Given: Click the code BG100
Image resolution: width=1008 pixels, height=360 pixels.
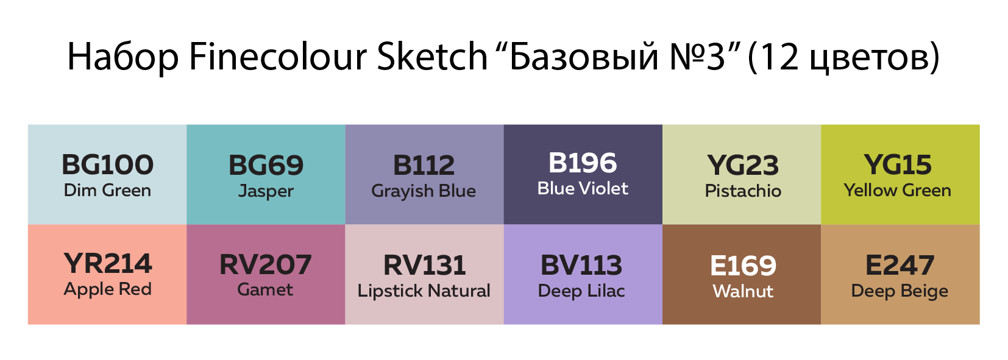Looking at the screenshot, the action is tap(107, 164).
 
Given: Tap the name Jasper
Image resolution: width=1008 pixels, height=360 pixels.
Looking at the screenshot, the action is tap(266, 191).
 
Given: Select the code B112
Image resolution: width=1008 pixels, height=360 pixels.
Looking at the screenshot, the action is tap(424, 165).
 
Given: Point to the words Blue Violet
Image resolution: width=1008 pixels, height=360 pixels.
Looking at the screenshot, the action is tap(582, 189).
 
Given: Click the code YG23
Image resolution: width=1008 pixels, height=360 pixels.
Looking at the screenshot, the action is tap(743, 165).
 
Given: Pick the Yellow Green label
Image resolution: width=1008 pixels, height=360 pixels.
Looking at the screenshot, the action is tap(897, 190).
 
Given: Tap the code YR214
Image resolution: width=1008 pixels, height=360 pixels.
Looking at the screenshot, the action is tap(108, 264).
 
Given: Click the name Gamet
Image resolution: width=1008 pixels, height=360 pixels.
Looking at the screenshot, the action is tap(265, 289).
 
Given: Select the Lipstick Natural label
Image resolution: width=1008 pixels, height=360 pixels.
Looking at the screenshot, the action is tap(424, 291).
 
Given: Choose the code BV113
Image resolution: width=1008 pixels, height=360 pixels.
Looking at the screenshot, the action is tap(581, 265).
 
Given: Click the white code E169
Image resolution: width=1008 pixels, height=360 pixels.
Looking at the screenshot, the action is tap(743, 266).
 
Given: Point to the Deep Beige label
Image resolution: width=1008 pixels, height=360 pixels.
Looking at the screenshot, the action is tap(900, 291).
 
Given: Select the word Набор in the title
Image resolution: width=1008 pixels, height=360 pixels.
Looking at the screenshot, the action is tap(123, 57).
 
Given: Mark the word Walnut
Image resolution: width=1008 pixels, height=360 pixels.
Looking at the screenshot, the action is tap(743, 291).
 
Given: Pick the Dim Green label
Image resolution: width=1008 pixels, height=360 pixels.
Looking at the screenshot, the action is tap(107, 190).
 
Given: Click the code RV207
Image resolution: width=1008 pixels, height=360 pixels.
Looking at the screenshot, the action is tap(266, 264).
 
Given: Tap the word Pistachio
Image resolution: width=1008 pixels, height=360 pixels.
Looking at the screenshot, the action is tap(743, 191).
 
